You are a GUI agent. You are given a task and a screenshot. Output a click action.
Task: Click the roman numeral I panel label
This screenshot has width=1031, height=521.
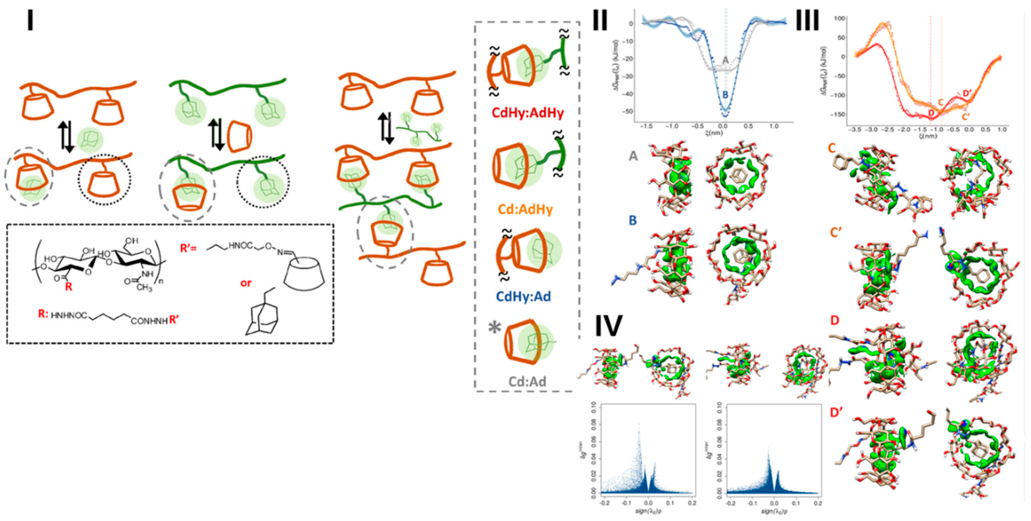click(x=30, y=20)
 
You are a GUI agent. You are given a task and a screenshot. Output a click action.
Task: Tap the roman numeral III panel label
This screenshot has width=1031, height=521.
click(x=807, y=20)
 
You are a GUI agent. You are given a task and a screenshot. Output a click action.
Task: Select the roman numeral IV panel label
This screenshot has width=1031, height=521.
click(x=608, y=326)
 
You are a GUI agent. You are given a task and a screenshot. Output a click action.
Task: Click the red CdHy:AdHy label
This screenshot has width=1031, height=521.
click(x=528, y=113)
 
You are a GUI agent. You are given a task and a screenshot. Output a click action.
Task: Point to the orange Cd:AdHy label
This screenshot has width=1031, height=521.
click(x=525, y=209)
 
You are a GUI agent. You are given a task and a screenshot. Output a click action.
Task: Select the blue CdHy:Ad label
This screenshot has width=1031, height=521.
click(x=523, y=296)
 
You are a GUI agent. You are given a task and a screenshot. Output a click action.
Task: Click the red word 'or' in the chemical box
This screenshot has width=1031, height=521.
click(x=246, y=283)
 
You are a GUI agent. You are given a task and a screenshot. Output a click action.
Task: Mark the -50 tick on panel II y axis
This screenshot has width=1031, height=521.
click(x=627, y=110)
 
